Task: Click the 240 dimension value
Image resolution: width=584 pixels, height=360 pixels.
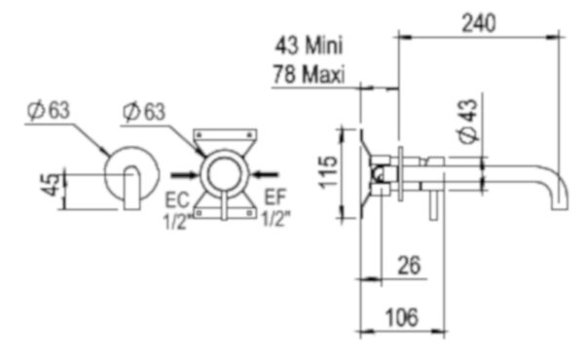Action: (479, 23)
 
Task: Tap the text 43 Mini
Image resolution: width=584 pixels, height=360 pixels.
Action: (309, 46)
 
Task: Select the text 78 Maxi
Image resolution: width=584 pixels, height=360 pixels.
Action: (309, 74)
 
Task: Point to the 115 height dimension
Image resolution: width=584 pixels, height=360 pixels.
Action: (328, 172)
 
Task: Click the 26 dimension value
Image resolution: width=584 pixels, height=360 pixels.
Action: (409, 265)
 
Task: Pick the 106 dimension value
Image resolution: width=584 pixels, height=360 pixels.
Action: (402, 317)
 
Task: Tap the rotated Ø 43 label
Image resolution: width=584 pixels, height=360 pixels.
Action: (468, 121)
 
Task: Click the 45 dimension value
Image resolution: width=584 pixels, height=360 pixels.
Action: (51, 184)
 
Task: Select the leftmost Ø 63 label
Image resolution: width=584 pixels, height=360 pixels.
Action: (49, 110)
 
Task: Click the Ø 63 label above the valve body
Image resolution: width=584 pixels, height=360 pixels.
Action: (144, 111)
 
